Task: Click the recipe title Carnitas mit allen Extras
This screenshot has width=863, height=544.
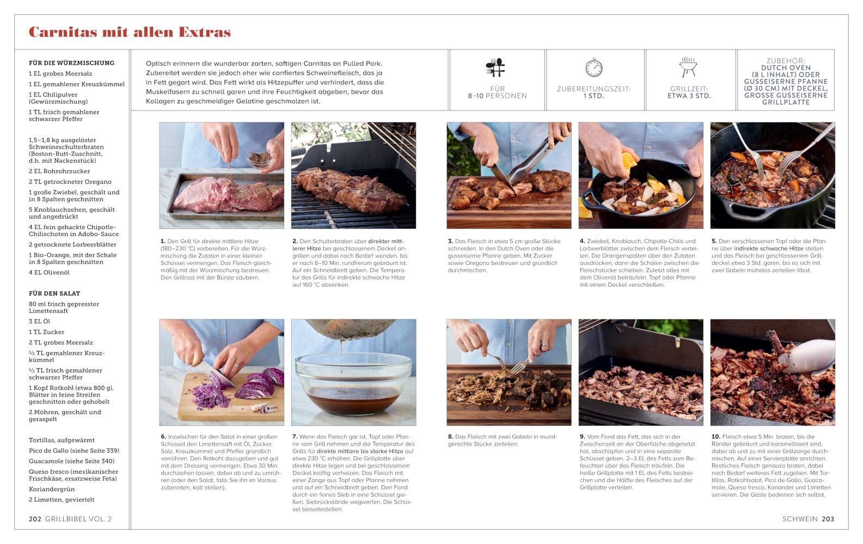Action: (x=130, y=32)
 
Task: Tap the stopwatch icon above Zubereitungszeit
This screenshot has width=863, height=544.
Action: (x=593, y=68)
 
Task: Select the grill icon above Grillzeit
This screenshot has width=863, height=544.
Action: (x=688, y=67)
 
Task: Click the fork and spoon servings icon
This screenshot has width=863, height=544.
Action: (x=495, y=67)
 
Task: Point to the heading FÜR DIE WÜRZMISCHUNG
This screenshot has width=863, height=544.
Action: (x=72, y=63)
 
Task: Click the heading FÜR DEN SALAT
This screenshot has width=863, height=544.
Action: (x=54, y=293)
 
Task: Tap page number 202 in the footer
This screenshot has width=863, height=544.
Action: (x=35, y=518)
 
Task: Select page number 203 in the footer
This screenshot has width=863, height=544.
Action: (x=828, y=518)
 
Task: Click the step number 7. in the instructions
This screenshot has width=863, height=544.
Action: (x=295, y=437)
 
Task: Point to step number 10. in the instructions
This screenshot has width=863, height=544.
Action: (x=716, y=437)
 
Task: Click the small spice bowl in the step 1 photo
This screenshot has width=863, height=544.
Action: (x=260, y=159)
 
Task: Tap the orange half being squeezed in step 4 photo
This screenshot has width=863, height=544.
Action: (x=628, y=162)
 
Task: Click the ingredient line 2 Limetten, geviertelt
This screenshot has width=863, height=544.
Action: (x=62, y=499)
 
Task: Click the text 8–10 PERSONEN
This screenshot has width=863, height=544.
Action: (x=497, y=96)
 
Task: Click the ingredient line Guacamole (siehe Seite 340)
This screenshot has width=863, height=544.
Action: (x=72, y=461)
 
